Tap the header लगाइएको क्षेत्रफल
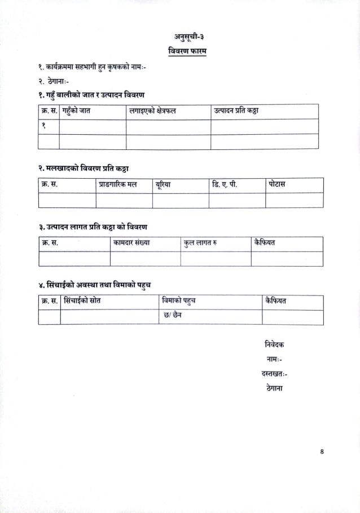click(x=152, y=111)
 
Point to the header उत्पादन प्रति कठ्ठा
click(x=236, y=111)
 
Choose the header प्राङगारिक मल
click(x=118, y=185)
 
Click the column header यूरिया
click(x=163, y=185)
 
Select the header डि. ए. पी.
click(x=225, y=185)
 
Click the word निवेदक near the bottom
click(x=274, y=344)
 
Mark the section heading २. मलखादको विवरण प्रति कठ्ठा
click(x=85, y=169)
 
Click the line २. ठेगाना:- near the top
click(x=58, y=81)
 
